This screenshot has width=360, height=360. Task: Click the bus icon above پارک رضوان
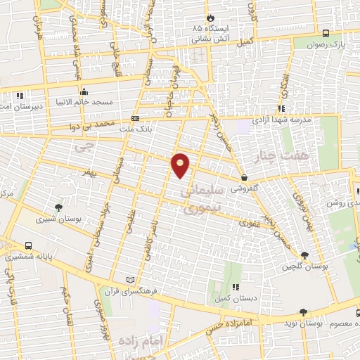click(x=325, y=33)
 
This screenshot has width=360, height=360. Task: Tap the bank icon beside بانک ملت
click(x=135, y=119)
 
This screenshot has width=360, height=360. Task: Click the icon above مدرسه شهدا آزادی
click(x=281, y=108)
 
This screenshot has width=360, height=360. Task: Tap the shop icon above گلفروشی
click(x=243, y=177)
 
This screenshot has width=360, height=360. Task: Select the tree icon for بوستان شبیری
click(x=58, y=207)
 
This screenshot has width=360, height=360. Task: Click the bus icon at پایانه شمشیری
click(x=27, y=245)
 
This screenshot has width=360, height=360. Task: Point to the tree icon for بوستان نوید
click(x=303, y=311)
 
